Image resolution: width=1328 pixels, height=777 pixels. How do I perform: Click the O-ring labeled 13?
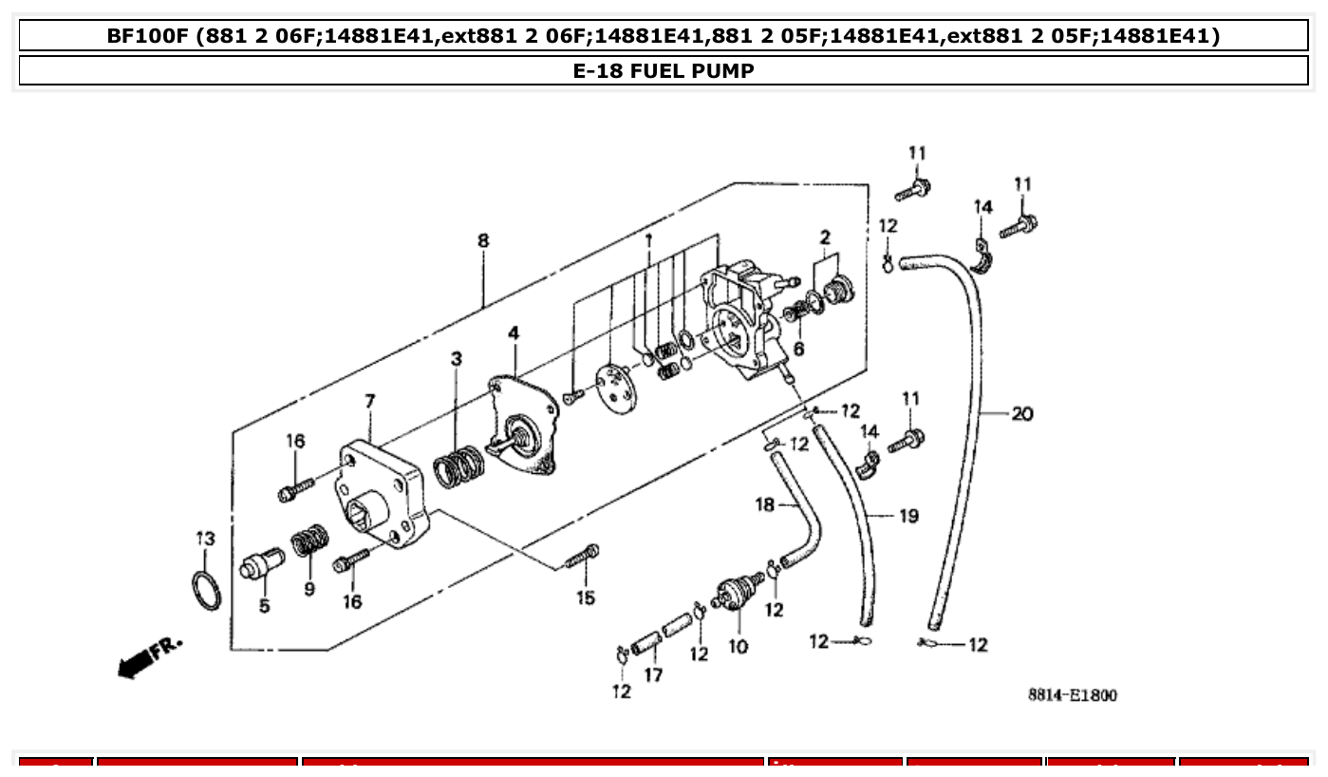tap(208, 592)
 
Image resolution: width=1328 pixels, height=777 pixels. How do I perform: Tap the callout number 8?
tap(483, 241)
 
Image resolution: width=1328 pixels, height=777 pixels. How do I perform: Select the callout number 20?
tap(1021, 414)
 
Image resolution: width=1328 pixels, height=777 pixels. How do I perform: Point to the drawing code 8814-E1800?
tap(1072, 695)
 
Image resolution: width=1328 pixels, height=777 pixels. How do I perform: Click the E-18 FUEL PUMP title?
tap(664, 70)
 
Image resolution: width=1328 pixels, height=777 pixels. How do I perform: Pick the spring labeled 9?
tap(309, 542)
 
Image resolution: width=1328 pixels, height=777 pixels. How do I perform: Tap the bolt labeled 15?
tap(582, 557)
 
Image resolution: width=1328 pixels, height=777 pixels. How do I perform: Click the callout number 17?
tap(653, 675)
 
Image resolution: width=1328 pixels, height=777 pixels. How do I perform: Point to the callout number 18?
tap(765, 504)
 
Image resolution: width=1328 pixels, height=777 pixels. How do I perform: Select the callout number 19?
tap(908, 516)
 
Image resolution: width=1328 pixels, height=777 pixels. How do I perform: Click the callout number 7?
tap(370, 403)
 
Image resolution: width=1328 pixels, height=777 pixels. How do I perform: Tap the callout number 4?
tap(514, 333)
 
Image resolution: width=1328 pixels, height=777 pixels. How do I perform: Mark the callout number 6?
tap(798, 350)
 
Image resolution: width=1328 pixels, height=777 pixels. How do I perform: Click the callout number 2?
tap(825, 237)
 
